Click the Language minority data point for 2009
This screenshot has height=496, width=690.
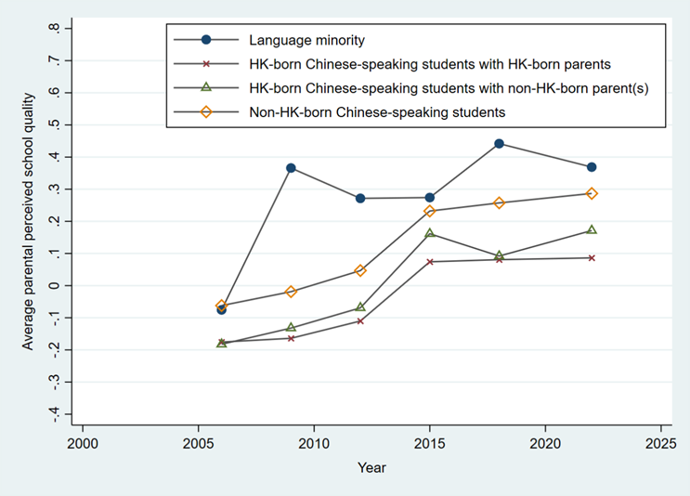[x=291, y=168]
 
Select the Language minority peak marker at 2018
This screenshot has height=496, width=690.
[x=499, y=143]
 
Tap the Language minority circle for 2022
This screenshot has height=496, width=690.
[x=591, y=167]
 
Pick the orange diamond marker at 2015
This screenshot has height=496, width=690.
[x=430, y=211]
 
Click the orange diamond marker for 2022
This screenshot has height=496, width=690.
[x=591, y=193]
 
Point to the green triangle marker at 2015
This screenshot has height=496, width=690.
[x=430, y=232]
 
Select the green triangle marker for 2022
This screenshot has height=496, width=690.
[x=591, y=229]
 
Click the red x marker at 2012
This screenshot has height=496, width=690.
[x=360, y=320]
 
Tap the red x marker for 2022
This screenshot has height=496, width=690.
[x=591, y=257]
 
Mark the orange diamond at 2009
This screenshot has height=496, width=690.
[x=291, y=292]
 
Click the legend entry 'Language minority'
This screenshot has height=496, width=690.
[x=306, y=39]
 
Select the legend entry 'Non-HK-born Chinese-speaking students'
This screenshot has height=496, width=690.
[x=376, y=112]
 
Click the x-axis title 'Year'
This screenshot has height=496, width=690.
[x=371, y=468]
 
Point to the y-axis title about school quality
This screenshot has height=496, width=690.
[x=29, y=221]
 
